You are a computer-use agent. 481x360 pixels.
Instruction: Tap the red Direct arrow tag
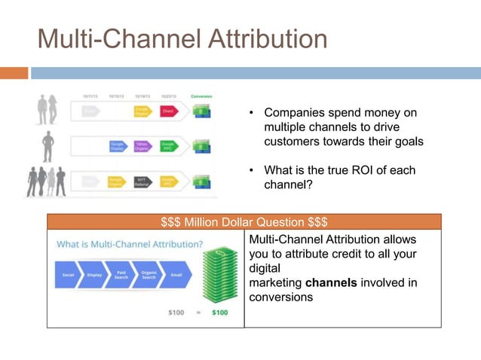(x=167, y=111)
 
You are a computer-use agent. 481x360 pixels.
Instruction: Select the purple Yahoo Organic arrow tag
(x=141, y=146)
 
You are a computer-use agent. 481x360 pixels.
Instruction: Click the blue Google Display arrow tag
(x=117, y=146)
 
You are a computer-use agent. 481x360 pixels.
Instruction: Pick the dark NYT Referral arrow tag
(x=141, y=182)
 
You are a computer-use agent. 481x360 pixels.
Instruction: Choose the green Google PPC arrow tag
(x=167, y=146)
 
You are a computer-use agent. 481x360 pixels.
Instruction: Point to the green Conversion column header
(x=201, y=96)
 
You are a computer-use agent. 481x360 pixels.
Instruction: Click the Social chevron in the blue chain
(x=68, y=275)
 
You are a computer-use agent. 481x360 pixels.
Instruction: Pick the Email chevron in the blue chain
(x=176, y=275)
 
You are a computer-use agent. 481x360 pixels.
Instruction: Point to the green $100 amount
(x=219, y=313)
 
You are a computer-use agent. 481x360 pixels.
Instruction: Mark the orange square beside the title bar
(x=14, y=73)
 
